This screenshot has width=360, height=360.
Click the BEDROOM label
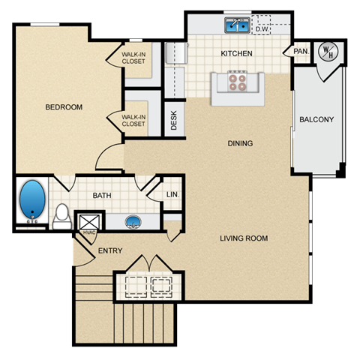(64, 107)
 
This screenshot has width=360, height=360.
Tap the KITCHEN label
(235, 54)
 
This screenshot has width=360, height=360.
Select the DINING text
(240, 143)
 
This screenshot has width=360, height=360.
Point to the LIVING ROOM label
(244, 238)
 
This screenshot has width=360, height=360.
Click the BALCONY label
(316, 120)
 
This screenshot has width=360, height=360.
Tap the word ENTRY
(111, 251)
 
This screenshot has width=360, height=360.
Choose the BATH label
(102, 196)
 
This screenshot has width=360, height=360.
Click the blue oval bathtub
(33, 200)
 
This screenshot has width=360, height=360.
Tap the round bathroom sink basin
(133, 221)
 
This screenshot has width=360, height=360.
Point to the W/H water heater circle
(327, 51)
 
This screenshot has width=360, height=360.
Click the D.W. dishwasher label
(262, 29)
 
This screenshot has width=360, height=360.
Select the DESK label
(174, 121)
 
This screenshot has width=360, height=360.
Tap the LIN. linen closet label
(172, 195)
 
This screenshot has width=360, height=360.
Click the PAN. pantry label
(300, 52)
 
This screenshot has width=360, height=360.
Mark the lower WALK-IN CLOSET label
(133, 120)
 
